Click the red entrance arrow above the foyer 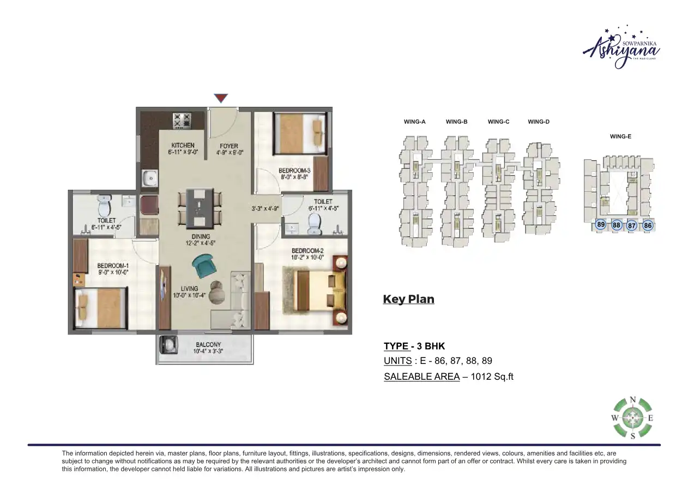coord(220,98)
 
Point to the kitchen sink coord(148,178)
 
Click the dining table coord(200,208)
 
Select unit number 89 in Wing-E coord(601,224)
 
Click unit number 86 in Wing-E coord(648,225)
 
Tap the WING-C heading coord(498,122)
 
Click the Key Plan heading coord(408,299)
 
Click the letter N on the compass coord(632,399)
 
